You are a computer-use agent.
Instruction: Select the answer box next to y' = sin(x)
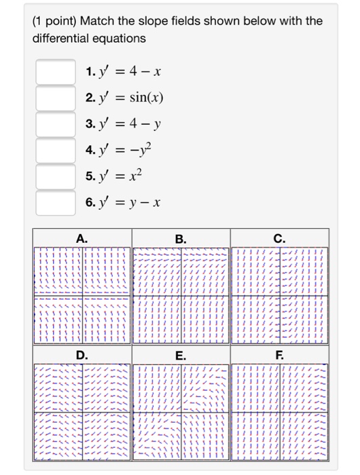[56, 98]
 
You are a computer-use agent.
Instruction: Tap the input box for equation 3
[56, 124]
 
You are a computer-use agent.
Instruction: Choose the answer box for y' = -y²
[56, 150]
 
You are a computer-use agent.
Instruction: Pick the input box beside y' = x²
[56, 176]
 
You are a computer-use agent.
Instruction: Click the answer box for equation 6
[56, 202]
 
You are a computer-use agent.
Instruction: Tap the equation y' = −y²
[123, 150]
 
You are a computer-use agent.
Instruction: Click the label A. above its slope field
[82, 237]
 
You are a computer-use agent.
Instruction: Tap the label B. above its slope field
[180, 237]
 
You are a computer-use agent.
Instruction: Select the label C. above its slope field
[279, 237]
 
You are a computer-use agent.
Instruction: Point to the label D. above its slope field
[82, 355]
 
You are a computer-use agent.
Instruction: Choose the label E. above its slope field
[180, 355]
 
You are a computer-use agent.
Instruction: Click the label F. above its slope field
[279, 355]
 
